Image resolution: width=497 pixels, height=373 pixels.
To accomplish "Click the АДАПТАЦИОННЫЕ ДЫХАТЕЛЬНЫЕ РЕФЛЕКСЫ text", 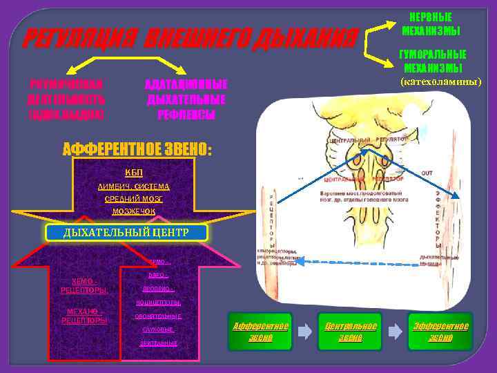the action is (x=186, y=99).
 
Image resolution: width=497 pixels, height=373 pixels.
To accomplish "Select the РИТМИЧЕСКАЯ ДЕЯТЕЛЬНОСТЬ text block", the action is (x=66, y=99).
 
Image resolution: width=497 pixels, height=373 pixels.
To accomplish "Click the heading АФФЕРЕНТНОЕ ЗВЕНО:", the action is (x=137, y=150).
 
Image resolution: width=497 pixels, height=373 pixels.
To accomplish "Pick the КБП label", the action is (x=134, y=172).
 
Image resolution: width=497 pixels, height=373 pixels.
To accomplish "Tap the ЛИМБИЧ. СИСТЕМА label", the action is (x=134, y=186).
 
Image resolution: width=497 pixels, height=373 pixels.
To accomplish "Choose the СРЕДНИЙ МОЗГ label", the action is (x=134, y=199).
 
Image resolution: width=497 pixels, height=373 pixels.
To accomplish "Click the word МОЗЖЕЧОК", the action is (x=134, y=211).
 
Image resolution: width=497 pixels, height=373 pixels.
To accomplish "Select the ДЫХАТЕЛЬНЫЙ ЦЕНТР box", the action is (x=126, y=233).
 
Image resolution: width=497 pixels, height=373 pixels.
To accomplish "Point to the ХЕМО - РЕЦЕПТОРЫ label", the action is (x=84, y=285).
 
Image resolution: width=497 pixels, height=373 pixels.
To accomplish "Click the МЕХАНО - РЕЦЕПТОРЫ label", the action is (x=84, y=316).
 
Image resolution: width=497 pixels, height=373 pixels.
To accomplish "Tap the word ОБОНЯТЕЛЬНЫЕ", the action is (x=158, y=316).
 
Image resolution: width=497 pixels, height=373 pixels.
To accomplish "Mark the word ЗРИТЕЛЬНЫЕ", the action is (x=158, y=343).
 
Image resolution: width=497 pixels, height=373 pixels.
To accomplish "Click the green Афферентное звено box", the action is (x=260, y=332).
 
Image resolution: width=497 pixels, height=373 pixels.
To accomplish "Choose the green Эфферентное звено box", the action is (x=440, y=332).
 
